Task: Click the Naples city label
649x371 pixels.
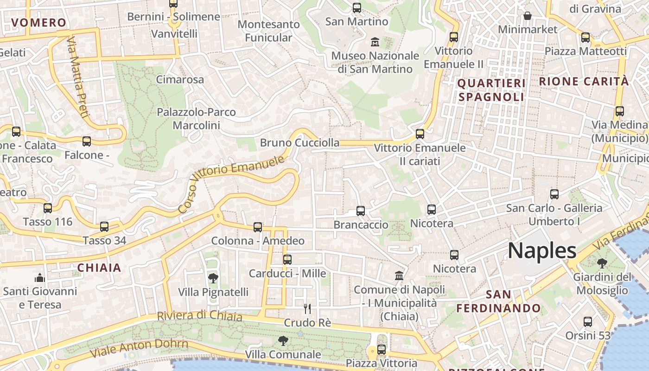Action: pos(542,250)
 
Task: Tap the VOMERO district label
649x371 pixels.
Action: pos(39,23)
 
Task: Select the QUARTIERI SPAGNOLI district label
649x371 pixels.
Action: pos(491,90)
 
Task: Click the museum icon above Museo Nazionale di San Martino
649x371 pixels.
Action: pos(375,42)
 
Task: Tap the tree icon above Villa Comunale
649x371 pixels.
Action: pos(283,341)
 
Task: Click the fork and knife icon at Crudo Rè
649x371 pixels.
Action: pos(307,309)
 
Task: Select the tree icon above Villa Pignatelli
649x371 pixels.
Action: pos(213,278)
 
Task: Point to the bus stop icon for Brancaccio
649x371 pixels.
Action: pos(361,211)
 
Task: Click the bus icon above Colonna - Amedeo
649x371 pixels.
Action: pos(258,227)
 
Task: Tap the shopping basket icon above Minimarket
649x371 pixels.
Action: pos(528,16)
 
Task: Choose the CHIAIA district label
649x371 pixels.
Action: pos(99,268)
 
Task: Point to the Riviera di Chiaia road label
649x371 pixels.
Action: pos(199,316)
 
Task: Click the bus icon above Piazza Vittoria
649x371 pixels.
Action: pos(382,350)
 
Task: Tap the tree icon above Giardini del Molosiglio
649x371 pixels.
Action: pos(602,263)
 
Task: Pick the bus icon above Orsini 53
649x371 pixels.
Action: pos(588,322)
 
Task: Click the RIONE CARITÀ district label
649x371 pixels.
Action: pos(584,82)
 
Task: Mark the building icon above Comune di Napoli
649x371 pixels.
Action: pos(399,276)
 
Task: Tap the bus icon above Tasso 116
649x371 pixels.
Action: pos(48,208)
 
